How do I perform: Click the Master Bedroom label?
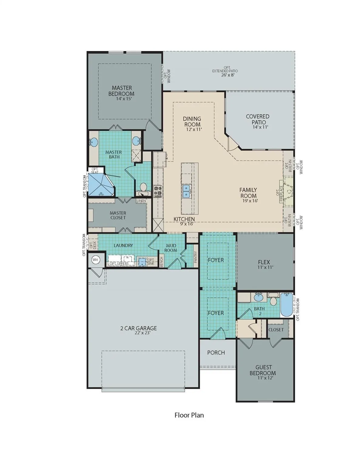pyautogui.click(x=121, y=91)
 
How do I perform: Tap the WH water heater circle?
pyautogui.click(x=96, y=260)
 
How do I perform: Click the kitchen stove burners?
pyautogui.click(x=158, y=191)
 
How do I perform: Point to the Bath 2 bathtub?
pyautogui.click(x=286, y=304)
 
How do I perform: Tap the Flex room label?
pyautogui.click(x=264, y=262)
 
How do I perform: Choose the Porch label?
pyautogui.click(x=216, y=353)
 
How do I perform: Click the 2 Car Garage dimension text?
pyautogui.click(x=138, y=333)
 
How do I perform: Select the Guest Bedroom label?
pyautogui.click(x=263, y=370)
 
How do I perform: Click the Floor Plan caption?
pyautogui.click(x=189, y=415)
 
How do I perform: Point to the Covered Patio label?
pyautogui.click(x=257, y=119)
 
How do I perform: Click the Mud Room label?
pyautogui.click(x=171, y=248)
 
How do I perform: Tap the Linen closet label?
pyautogui.click(x=141, y=201)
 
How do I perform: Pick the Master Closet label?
pyautogui.click(x=118, y=215)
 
